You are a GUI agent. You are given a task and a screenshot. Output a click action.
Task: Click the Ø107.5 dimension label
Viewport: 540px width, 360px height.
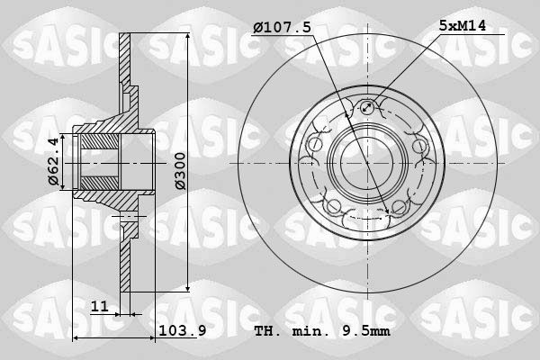click(x=282, y=27)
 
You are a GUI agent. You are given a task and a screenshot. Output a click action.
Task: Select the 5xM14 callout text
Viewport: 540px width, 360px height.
click(x=463, y=25)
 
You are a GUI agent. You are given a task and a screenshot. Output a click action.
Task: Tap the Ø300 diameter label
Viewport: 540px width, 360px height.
click(x=180, y=171)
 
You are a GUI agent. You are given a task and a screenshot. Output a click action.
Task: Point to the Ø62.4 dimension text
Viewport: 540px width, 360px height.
click(x=53, y=161)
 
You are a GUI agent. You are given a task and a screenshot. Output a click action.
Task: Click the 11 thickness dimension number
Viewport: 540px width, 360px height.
click(x=100, y=306)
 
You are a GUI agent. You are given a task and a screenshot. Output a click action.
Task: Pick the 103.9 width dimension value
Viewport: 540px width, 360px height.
click(x=183, y=330)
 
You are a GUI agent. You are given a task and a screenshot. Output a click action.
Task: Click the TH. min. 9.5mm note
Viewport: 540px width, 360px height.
click(x=322, y=331)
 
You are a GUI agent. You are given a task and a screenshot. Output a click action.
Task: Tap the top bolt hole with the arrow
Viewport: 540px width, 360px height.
click(x=367, y=107)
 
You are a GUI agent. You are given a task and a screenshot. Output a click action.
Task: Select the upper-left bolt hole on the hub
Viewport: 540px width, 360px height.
click(x=314, y=145)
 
